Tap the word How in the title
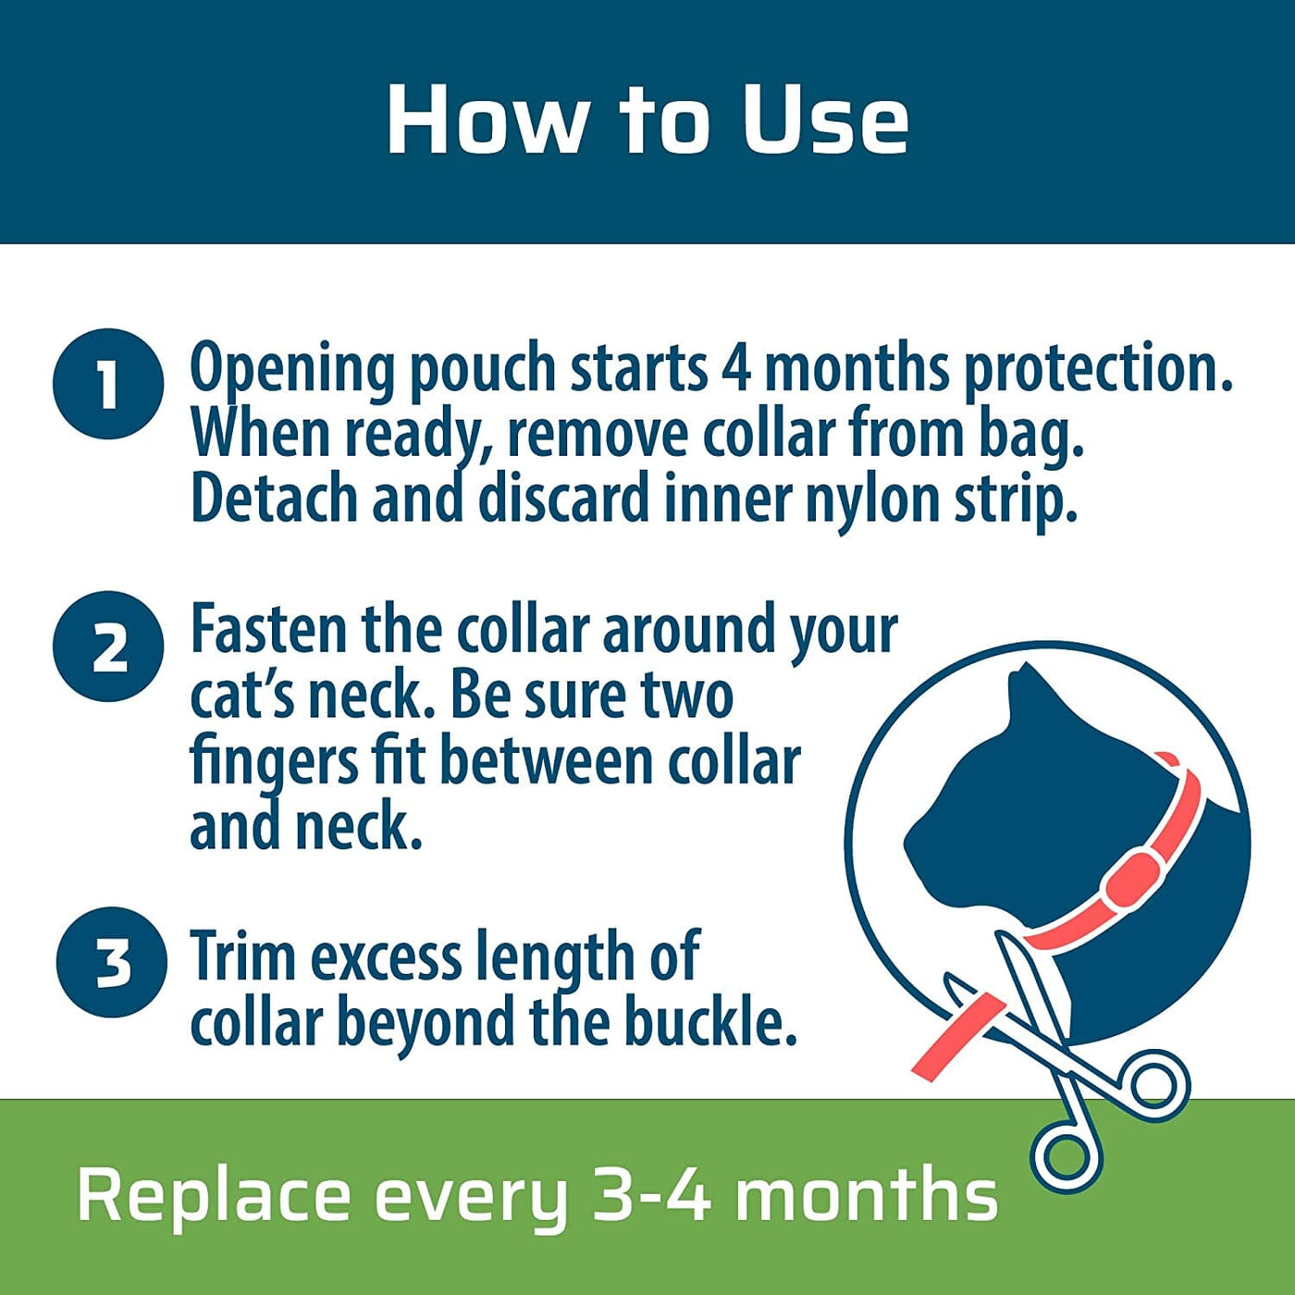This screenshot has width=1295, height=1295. point(485,120)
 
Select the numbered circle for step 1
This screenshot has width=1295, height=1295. point(108,384)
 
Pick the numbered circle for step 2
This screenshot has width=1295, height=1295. point(108,646)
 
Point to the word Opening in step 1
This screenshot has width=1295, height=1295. point(291,370)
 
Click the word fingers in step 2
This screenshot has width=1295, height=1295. point(274,765)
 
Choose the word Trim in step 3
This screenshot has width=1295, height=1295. point(243,956)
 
